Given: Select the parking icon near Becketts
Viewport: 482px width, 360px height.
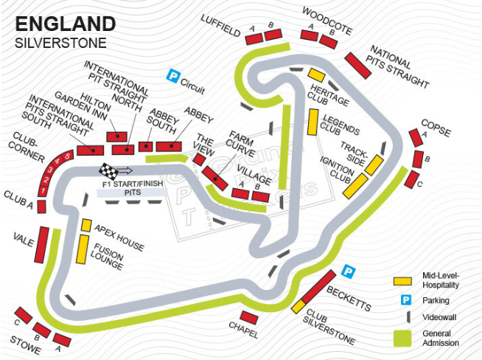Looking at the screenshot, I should point(349,271).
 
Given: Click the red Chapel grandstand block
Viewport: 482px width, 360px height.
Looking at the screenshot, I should point(249,317).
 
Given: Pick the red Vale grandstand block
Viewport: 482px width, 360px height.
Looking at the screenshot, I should point(42,245).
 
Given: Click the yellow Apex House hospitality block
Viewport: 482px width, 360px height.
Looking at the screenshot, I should point(86,225).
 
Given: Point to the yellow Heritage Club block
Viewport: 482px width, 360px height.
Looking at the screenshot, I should point(316,75).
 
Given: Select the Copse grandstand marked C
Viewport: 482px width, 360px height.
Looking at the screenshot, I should point(413,179).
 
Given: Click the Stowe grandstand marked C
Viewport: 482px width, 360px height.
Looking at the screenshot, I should point(24,315).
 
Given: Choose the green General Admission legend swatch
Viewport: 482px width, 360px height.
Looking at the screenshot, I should point(402,337).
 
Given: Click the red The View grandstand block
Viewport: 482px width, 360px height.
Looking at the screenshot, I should point(199,159).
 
